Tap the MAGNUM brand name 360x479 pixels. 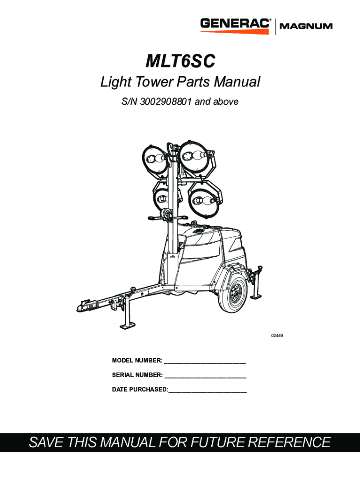coord(306,26)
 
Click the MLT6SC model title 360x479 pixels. coord(180,61)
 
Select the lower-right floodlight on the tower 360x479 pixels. coord(204,202)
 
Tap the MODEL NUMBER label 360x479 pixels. coord(137,360)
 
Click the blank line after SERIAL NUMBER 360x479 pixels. coord(205,375)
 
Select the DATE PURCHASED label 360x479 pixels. coord(139,390)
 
